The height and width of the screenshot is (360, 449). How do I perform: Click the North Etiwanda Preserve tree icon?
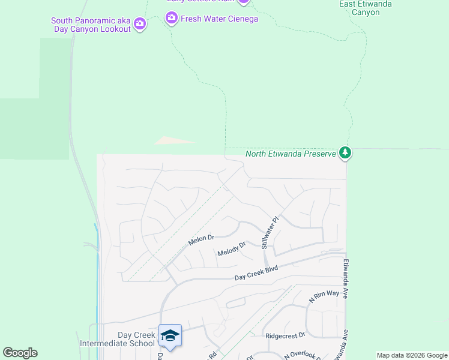345,154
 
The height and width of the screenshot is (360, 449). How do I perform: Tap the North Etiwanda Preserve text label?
291,154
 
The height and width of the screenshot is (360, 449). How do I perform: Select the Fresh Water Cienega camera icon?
172,18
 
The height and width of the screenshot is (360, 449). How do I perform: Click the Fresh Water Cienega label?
219,19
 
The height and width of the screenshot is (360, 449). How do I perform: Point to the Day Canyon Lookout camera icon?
140,25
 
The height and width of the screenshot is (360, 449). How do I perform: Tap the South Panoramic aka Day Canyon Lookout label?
91,25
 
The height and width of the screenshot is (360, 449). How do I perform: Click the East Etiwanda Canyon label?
365,8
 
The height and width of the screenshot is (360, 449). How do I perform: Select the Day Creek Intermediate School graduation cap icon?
170,335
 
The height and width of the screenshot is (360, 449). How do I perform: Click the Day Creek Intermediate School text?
117,339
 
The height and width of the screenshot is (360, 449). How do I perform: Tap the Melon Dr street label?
201,239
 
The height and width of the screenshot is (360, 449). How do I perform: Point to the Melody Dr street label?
232,248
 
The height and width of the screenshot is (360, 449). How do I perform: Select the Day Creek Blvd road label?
256,274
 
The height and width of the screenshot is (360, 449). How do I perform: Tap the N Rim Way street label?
324,295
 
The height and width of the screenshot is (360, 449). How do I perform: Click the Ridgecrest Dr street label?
285,335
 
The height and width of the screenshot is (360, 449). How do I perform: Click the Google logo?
20,353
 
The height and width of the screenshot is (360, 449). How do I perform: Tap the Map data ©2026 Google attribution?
412,355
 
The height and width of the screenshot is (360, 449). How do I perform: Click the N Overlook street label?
303,355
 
